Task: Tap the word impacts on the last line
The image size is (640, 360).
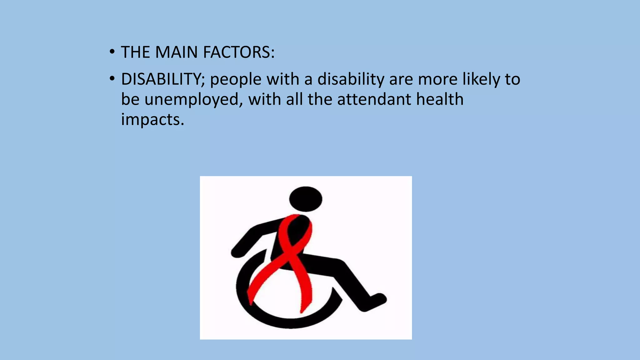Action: [152, 119]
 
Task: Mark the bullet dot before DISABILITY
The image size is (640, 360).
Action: [112, 79]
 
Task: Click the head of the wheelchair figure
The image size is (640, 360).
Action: [306, 199]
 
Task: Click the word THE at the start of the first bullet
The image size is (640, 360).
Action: [135, 52]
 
